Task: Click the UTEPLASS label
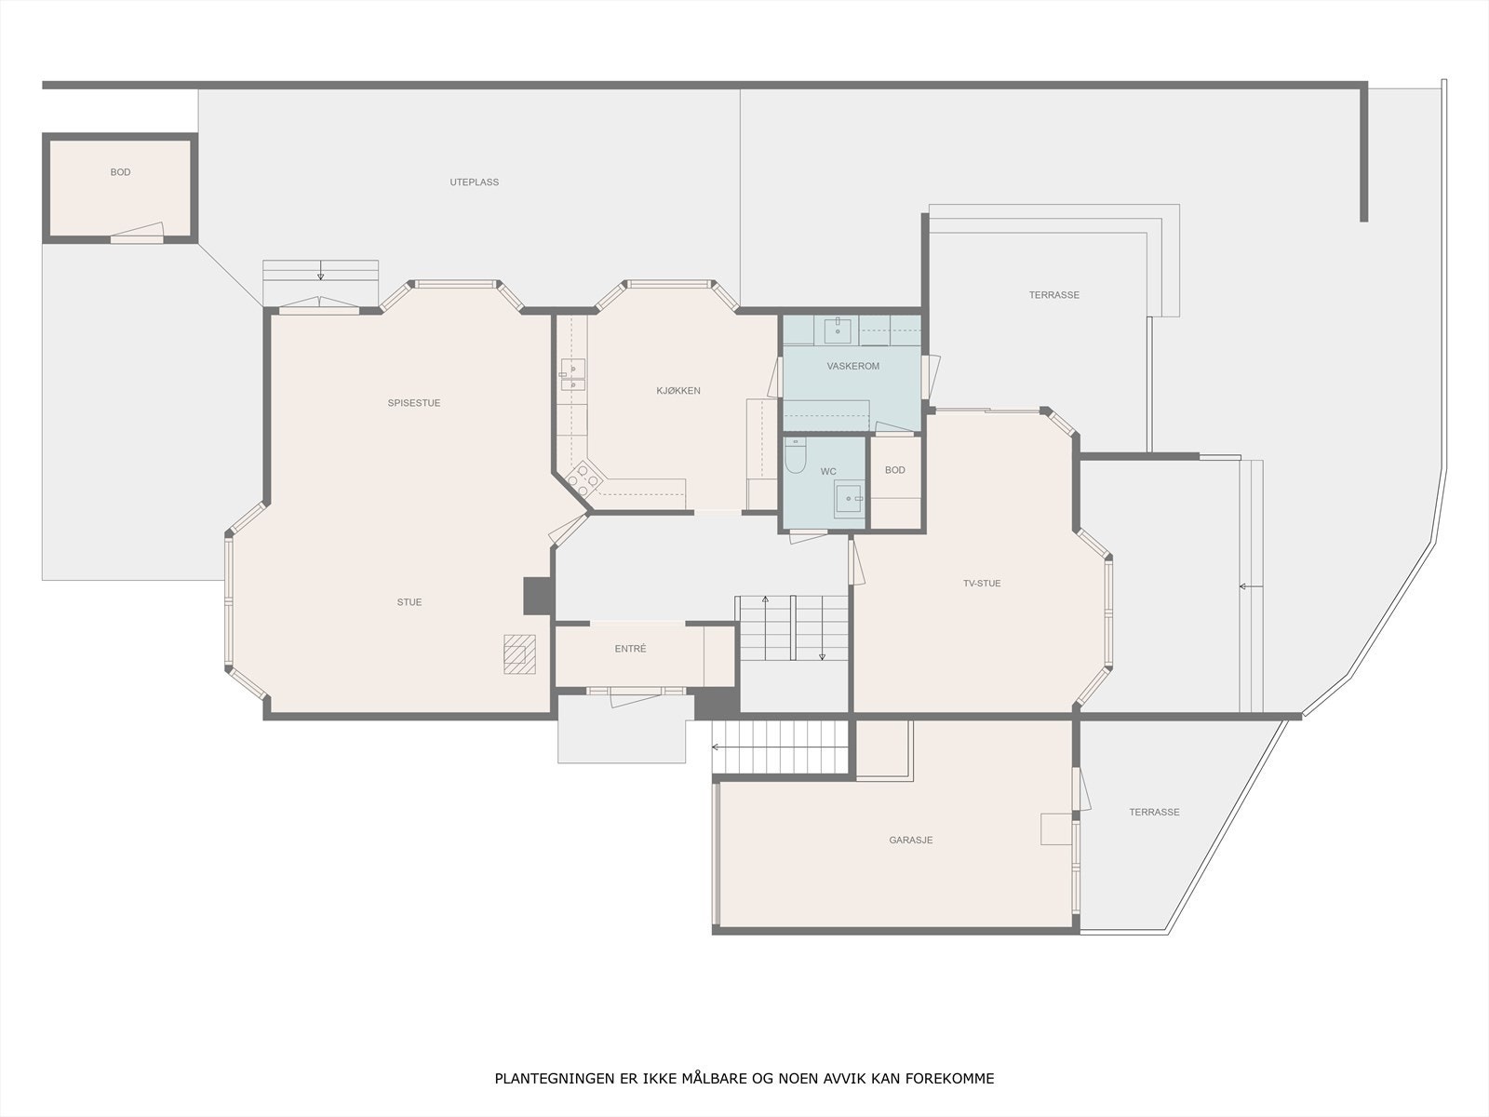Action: pos(475,182)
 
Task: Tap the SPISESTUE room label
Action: pos(414,403)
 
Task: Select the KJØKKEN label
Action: pos(678,391)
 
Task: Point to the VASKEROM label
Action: pos(852,366)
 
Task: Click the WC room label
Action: pos(828,471)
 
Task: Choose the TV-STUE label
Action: pos(982,584)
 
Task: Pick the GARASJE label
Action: pos(911,841)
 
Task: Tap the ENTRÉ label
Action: pos(630,649)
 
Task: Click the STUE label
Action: pos(409,602)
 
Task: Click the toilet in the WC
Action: pos(795,456)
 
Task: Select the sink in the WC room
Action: pos(849,499)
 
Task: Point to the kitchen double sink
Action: pos(573,375)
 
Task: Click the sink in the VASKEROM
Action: pos(838,331)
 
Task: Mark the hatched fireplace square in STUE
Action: pos(519,654)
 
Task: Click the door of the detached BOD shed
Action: pos(137,233)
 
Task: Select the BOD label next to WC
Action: pos(894,470)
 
